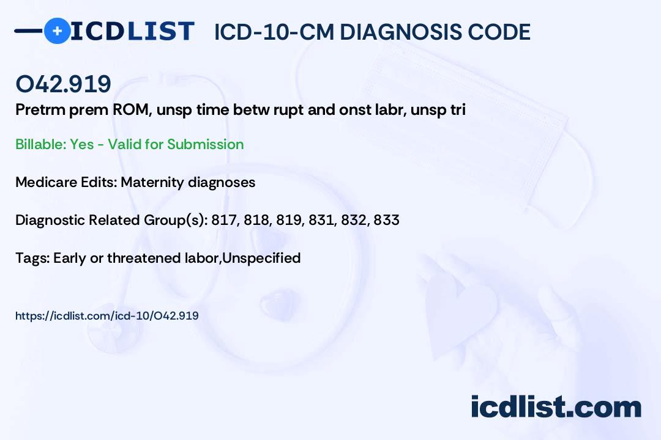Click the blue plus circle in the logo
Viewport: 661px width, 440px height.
pyautogui.click(x=57, y=31)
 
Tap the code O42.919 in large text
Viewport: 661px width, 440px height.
pyautogui.click(x=63, y=84)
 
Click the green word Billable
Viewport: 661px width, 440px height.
pyautogui.click(x=41, y=144)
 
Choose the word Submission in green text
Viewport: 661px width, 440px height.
pyautogui.click(x=205, y=144)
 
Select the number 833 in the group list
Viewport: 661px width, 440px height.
pyautogui.click(x=386, y=220)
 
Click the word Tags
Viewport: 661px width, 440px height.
pyautogui.click(x=32, y=258)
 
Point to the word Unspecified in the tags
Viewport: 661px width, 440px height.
pyautogui.click(x=261, y=258)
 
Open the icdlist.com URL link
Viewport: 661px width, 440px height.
pyautogui.click(x=107, y=316)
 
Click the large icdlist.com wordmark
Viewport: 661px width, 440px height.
pyautogui.click(x=556, y=406)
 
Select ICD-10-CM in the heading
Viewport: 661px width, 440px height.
pyautogui.click(x=274, y=32)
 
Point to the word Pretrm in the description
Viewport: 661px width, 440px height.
pyautogui.click(x=39, y=109)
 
